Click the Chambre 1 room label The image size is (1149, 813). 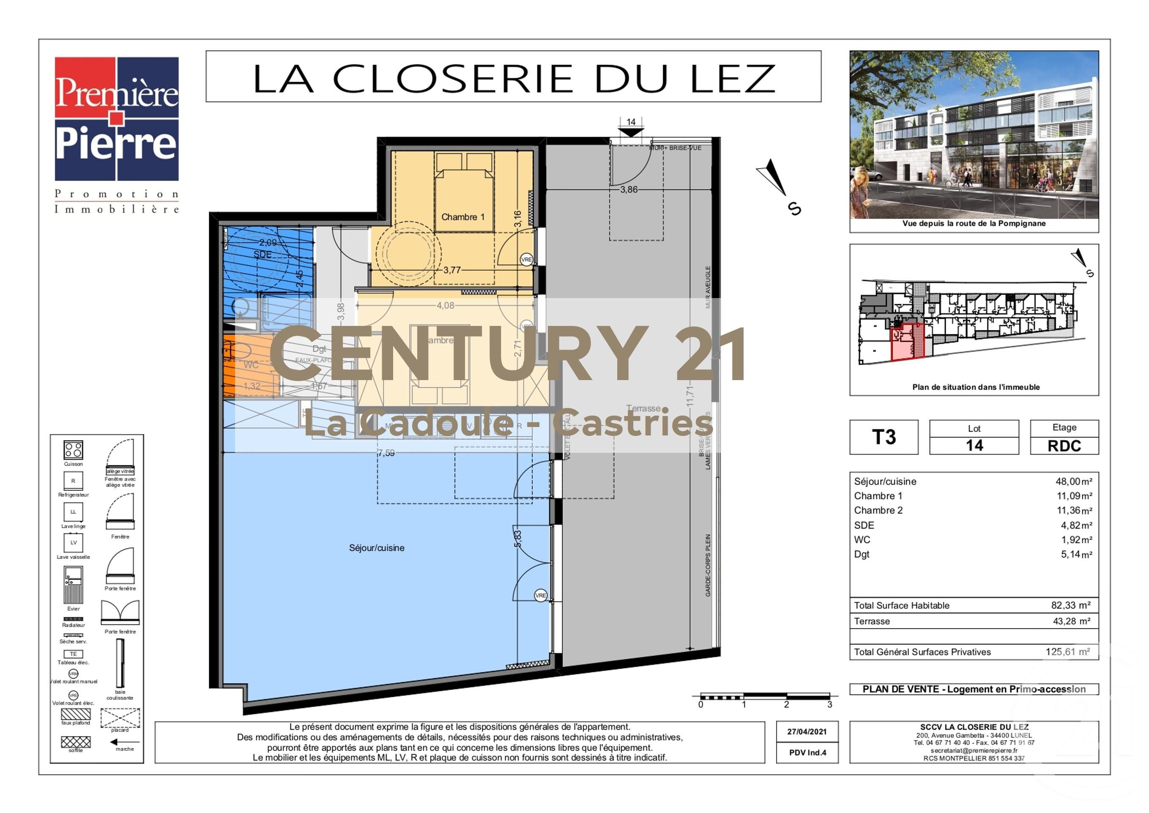click(x=462, y=217)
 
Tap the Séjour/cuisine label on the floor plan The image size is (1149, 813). click(x=376, y=547)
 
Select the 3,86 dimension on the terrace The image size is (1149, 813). click(x=629, y=189)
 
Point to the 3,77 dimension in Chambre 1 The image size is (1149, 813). click(x=451, y=270)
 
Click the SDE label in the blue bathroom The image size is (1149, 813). click(x=262, y=255)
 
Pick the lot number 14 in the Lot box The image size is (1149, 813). click(x=974, y=446)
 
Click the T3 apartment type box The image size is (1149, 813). click(x=884, y=437)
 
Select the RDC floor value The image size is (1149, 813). click(x=1064, y=446)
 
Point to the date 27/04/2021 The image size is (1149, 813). click(x=807, y=731)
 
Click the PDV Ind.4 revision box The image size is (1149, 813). click(x=807, y=753)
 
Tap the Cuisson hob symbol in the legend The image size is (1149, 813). click(x=73, y=450)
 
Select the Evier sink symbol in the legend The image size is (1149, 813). click(x=73, y=585)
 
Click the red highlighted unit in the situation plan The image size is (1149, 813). click(x=907, y=342)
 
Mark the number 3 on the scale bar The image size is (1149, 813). click(x=829, y=704)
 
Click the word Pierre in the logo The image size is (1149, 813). click(x=116, y=145)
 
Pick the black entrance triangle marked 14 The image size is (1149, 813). click(x=631, y=132)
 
